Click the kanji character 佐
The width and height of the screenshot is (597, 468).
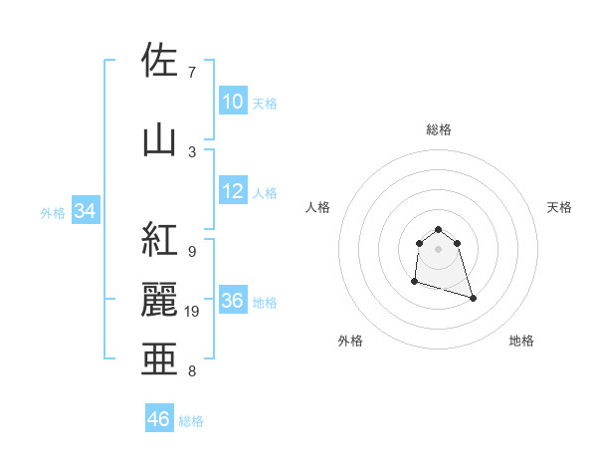(159, 61)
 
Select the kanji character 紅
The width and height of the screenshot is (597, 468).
(159, 241)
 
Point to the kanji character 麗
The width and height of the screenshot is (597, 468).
(159, 302)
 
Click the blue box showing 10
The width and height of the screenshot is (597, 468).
(233, 102)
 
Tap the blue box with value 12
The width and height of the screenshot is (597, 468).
(233, 192)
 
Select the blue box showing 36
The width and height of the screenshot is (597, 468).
(233, 302)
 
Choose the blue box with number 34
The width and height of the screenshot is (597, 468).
(85, 211)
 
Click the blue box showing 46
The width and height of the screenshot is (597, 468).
(159, 419)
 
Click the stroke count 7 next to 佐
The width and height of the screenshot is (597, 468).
(191, 73)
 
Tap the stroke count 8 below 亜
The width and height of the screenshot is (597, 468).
(191, 372)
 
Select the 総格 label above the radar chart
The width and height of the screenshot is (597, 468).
(438, 129)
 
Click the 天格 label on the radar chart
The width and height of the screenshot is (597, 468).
(559, 207)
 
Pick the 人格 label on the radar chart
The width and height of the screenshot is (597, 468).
(317, 207)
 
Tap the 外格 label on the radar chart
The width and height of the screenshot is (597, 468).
(350, 341)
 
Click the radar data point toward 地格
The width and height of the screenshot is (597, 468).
(473, 298)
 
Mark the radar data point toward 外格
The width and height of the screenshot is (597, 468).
(414, 282)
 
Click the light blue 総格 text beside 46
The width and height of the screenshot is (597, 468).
(192, 421)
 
